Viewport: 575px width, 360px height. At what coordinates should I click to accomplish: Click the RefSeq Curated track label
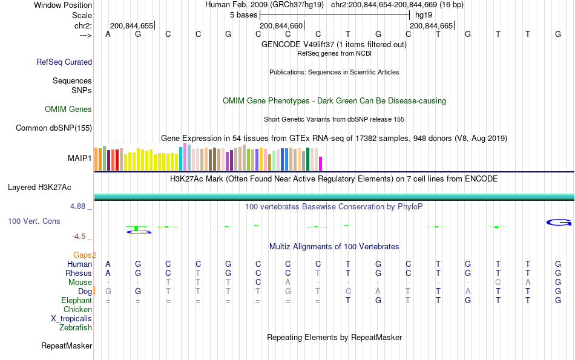tap(64, 62)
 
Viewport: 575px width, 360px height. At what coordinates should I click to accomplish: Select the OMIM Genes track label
tap(68, 110)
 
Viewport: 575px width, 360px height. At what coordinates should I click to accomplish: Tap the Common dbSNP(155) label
tap(54, 128)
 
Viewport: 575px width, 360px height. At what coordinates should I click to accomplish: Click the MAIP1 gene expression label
tap(80, 159)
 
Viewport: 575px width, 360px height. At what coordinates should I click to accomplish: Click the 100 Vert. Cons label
tap(34, 221)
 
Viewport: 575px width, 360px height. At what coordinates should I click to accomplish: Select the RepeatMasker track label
tap(67, 346)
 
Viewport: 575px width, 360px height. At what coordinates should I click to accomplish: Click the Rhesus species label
tap(79, 273)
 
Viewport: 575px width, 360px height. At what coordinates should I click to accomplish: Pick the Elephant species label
tap(77, 301)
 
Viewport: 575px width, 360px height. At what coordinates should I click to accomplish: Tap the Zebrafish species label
tap(76, 328)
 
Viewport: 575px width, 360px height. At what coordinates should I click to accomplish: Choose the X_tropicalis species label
tap(71, 319)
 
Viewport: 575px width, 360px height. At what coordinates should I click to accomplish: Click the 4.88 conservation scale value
tap(79, 206)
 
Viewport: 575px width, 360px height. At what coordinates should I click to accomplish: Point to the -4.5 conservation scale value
tap(80, 237)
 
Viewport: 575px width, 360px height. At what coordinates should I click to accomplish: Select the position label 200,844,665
tap(431, 26)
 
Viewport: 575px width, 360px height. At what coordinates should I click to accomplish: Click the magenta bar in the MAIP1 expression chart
tap(321, 163)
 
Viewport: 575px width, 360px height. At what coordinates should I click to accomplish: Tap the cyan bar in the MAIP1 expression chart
tap(181, 159)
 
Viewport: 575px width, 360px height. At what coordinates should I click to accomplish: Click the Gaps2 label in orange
tap(85, 255)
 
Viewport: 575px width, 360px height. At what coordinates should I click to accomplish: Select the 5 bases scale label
tap(243, 15)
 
